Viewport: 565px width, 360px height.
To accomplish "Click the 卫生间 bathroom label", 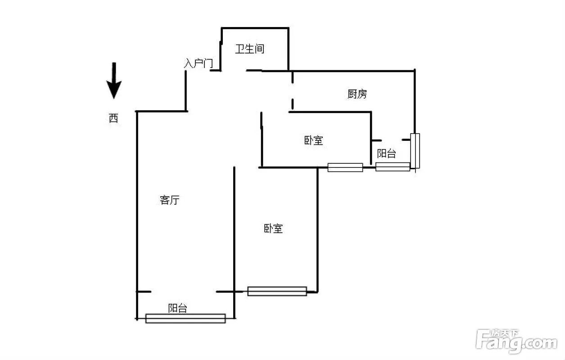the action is (250, 49).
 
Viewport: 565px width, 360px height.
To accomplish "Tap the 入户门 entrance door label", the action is (199, 63).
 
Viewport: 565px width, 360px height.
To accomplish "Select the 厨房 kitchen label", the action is (357, 94).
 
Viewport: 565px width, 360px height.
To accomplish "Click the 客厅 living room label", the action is (169, 200).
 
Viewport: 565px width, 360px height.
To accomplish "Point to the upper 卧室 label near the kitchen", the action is (313, 140).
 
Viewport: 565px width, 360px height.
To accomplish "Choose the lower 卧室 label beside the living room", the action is (273, 229).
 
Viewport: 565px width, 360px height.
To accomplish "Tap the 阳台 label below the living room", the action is (177, 308).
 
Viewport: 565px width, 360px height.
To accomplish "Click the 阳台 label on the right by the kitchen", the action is (386, 153).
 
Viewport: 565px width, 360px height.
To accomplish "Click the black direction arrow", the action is (114, 81).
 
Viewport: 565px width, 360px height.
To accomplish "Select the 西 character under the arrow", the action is (113, 118).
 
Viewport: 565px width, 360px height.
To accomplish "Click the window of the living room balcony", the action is (185, 318).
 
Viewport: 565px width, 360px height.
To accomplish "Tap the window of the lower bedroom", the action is (277, 291).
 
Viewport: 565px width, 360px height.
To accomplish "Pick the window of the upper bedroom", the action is (345, 167).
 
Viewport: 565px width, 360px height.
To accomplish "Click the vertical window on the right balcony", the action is (415, 151).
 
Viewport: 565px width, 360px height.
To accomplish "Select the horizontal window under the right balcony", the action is (393, 166).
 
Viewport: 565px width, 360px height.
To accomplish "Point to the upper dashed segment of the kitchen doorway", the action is (292, 77).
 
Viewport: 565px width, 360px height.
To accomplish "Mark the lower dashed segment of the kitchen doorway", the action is (292, 104).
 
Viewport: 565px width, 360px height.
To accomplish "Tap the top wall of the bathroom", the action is (255, 28).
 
